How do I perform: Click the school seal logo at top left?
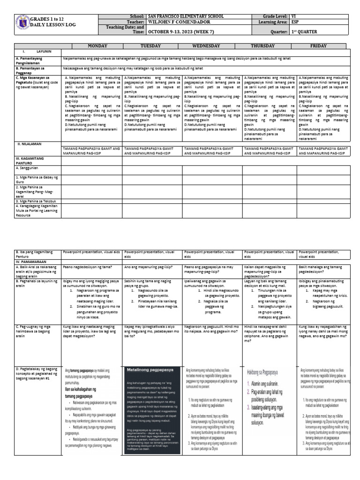coord(21,24)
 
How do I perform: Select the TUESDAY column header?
coord(152,46)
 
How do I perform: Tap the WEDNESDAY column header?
coord(212,46)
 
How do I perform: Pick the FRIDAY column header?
coord(323,46)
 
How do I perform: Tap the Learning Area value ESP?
coord(295,22)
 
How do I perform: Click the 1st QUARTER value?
coord(304,32)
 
